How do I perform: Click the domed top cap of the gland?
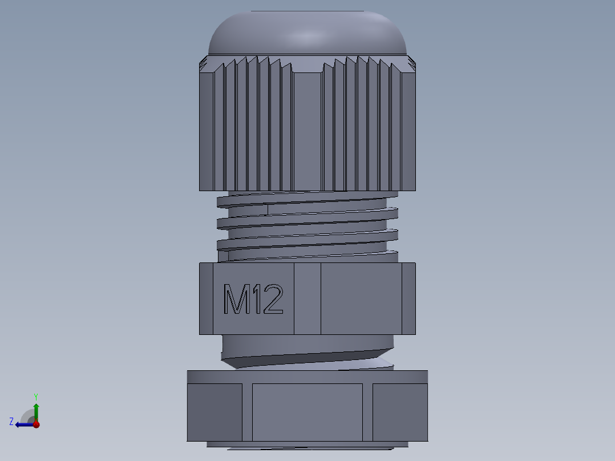(307, 34)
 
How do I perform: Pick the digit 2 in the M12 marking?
(273, 300)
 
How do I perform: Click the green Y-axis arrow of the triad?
(36, 410)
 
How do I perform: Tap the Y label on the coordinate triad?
(36, 396)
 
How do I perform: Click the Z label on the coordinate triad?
(11, 422)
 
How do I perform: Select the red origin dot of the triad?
(36, 424)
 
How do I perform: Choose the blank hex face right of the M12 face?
(361, 298)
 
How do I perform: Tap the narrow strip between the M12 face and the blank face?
(307, 298)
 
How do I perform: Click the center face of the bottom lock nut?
(307, 412)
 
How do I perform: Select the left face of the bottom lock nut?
(215, 412)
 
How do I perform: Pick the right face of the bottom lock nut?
(400, 412)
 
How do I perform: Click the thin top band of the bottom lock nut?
(307, 377)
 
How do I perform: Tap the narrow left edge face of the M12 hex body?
(206, 298)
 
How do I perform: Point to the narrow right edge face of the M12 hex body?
(408, 298)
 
